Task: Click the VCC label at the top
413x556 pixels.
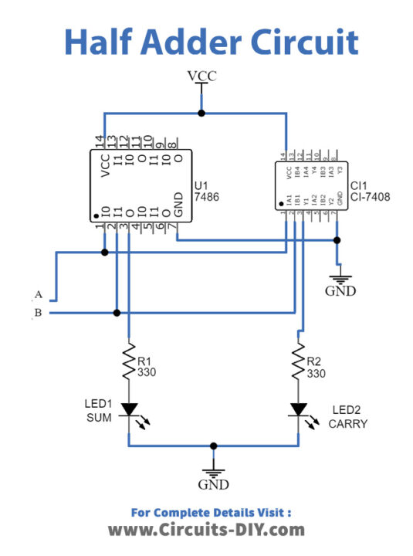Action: click(202, 75)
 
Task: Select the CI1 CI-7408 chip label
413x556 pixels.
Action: click(370, 192)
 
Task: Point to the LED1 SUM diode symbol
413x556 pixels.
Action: click(129, 409)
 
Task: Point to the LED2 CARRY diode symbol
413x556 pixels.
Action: click(297, 409)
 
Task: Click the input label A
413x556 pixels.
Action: click(37, 295)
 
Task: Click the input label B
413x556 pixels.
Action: click(37, 313)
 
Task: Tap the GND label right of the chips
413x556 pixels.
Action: click(340, 291)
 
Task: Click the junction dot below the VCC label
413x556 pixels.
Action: click(202, 113)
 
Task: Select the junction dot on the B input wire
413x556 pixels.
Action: click(117, 313)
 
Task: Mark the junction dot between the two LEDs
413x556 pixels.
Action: click(213, 446)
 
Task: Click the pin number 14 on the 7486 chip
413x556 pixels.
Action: click(100, 141)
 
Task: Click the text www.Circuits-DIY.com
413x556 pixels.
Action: click(206, 530)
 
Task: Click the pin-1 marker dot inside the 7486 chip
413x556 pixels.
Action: click(96, 215)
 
